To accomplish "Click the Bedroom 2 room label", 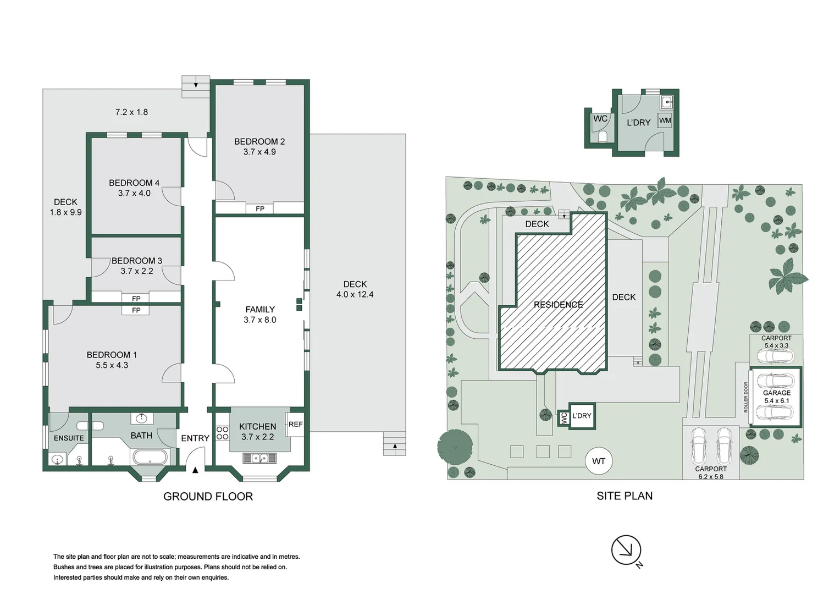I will click(259, 141).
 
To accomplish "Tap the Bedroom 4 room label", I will click(134, 183).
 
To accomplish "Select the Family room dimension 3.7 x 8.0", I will click(259, 320).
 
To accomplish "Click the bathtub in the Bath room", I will click(150, 457).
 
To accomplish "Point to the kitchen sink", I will click(259, 458).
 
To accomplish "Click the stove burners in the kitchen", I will click(222, 433).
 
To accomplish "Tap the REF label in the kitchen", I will click(295, 424).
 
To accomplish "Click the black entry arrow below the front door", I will click(195, 470).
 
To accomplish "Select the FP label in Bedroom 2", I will click(260, 208).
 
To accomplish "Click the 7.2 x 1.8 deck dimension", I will click(131, 112).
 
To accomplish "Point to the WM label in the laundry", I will click(665, 120).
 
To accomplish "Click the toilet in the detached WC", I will click(602, 136).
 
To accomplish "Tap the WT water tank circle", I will click(598, 461).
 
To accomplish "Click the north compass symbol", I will click(626, 550).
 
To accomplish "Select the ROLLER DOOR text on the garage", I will click(746, 397).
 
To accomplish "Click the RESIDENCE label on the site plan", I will click(558, 305).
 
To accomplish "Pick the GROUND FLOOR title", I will click(208, 496).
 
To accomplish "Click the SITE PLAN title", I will click(625, 496).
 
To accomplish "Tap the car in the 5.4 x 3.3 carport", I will click(775, 356).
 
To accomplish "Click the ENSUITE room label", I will click(69, 438).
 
